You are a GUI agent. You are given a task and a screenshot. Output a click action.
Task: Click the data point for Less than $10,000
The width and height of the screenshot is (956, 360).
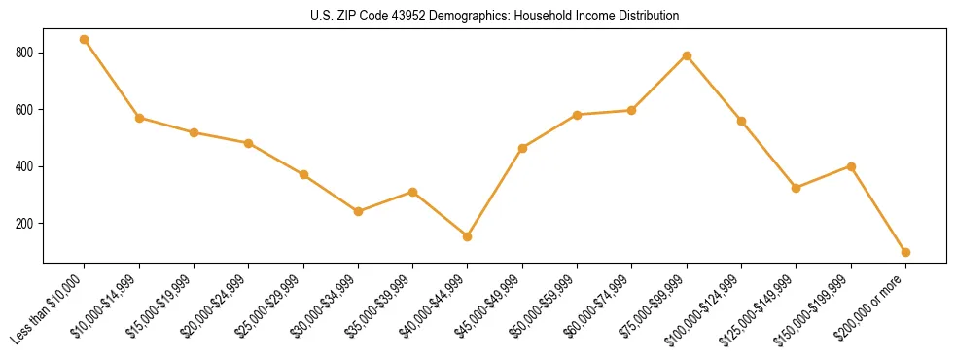[85, 40]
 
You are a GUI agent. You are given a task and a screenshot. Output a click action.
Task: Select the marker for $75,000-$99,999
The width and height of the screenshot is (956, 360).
[687, 55]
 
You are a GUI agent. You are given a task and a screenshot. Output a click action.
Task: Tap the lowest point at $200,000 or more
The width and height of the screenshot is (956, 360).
[905, 252]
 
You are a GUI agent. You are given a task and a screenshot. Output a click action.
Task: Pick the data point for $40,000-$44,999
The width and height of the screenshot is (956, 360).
[468, 236]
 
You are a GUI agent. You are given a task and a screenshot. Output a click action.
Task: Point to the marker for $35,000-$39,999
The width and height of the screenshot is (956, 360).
[412, 192]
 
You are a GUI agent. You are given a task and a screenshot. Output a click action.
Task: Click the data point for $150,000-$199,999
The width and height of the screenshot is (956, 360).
[851, 166]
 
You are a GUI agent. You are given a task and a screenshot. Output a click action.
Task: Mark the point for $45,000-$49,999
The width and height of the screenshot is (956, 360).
[522, 148]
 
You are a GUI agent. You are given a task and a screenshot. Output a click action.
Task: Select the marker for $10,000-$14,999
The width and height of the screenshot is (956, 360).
[139, 118]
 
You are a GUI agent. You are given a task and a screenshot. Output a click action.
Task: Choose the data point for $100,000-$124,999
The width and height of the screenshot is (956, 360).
[741, 121]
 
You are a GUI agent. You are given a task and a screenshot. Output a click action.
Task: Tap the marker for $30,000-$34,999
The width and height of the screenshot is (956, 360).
[358, 211]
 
